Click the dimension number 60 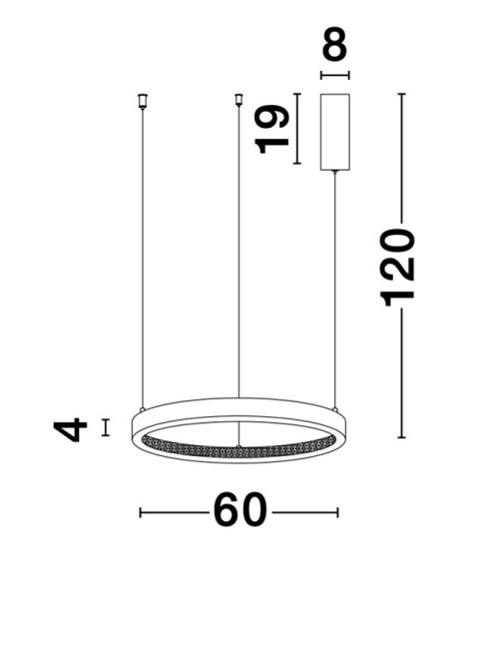point(240,509)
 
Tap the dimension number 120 point(397,267)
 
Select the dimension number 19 point(271,129)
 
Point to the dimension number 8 point(334,44)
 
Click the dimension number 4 point(70,429)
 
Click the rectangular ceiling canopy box point(335,132)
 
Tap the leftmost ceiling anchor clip point(143,101)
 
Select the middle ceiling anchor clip point(239,100)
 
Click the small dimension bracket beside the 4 point(106,427)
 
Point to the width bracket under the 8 point(335,75)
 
